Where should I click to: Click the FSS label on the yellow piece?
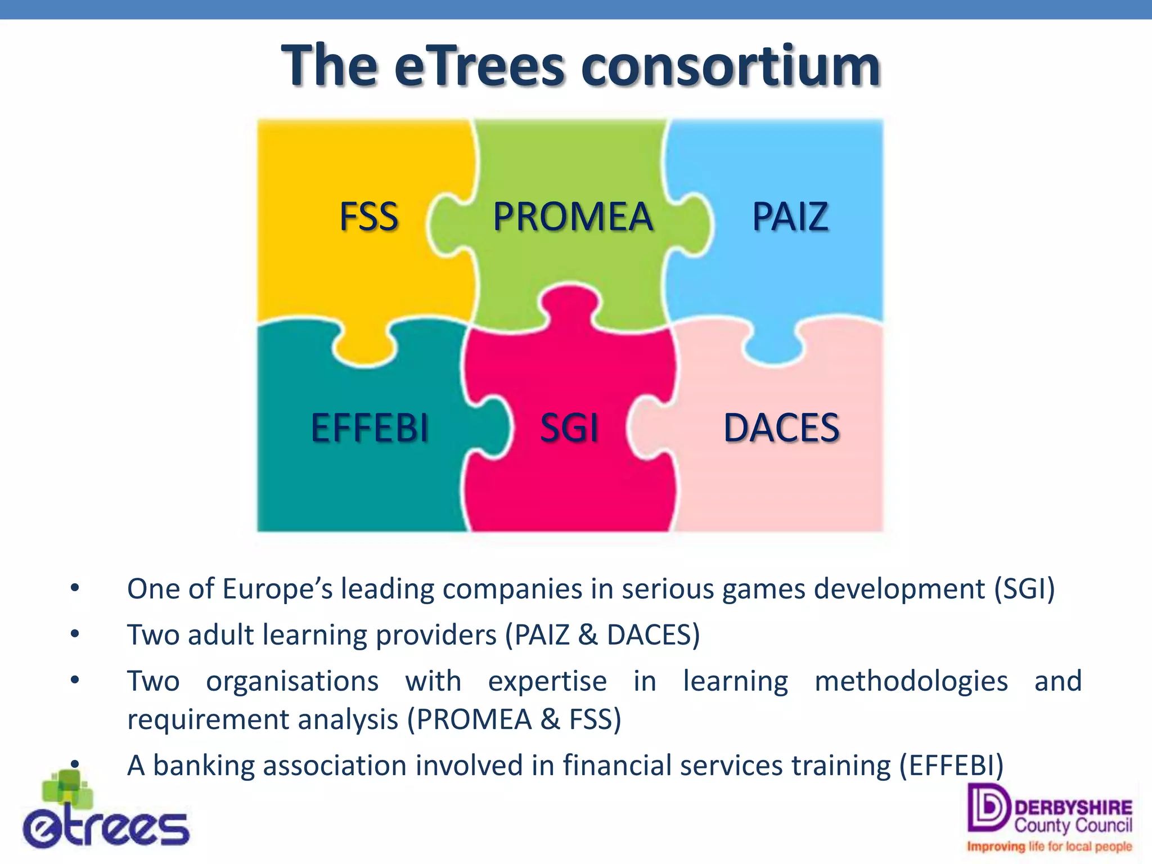point(369,217)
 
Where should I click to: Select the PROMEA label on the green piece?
point(573,217)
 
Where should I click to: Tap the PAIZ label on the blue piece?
point(790,217)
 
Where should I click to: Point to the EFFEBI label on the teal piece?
point(370,427)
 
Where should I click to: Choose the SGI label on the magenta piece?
point(569,427)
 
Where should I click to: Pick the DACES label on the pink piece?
point(781,427)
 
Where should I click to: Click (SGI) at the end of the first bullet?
point(1024,589)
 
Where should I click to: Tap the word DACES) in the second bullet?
point(653,635)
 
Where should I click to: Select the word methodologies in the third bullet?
point(911,682)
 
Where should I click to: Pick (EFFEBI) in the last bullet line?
point(951,766)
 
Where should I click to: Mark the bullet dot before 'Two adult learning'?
point(75,634)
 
